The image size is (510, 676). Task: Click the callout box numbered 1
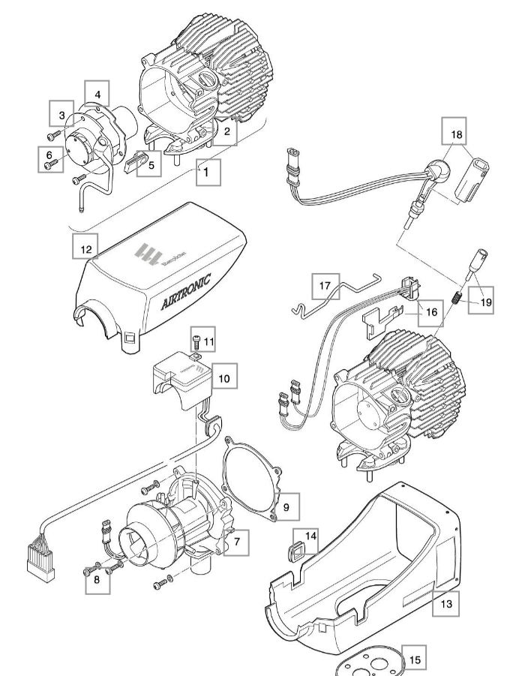click(x=209, y=172)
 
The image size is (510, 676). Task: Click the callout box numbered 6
click(x=49, y=159)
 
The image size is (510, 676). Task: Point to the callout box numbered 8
click(x=95, y=581)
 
